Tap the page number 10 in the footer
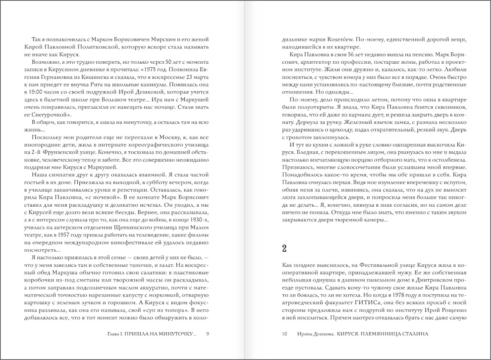[284, 334]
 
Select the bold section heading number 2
[284, 249]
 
